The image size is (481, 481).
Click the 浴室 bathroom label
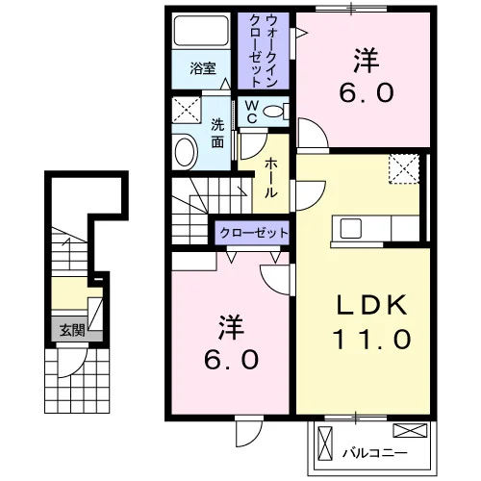tap(203, 68)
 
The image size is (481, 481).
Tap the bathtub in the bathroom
tap(201, 31)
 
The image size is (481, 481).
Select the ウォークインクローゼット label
tap(263, 51)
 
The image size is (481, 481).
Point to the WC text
tap(252, 112)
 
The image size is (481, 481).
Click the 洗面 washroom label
tap(217, 134)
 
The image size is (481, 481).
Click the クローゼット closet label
tap(254, 233)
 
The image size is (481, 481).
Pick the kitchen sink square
tap(351, 228)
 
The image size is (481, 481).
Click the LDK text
tap(371, 305)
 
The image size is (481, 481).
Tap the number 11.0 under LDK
tap(371, 340)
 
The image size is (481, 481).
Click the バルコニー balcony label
tap(375, 453)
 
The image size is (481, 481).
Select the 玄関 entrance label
tap(72, 330)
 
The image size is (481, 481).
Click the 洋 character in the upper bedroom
tap(367, 61)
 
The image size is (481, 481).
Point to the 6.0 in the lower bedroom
tap(231, 360)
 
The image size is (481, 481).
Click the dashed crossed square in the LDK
tap(404, 169)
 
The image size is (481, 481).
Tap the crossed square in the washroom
tap(187, 110)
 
